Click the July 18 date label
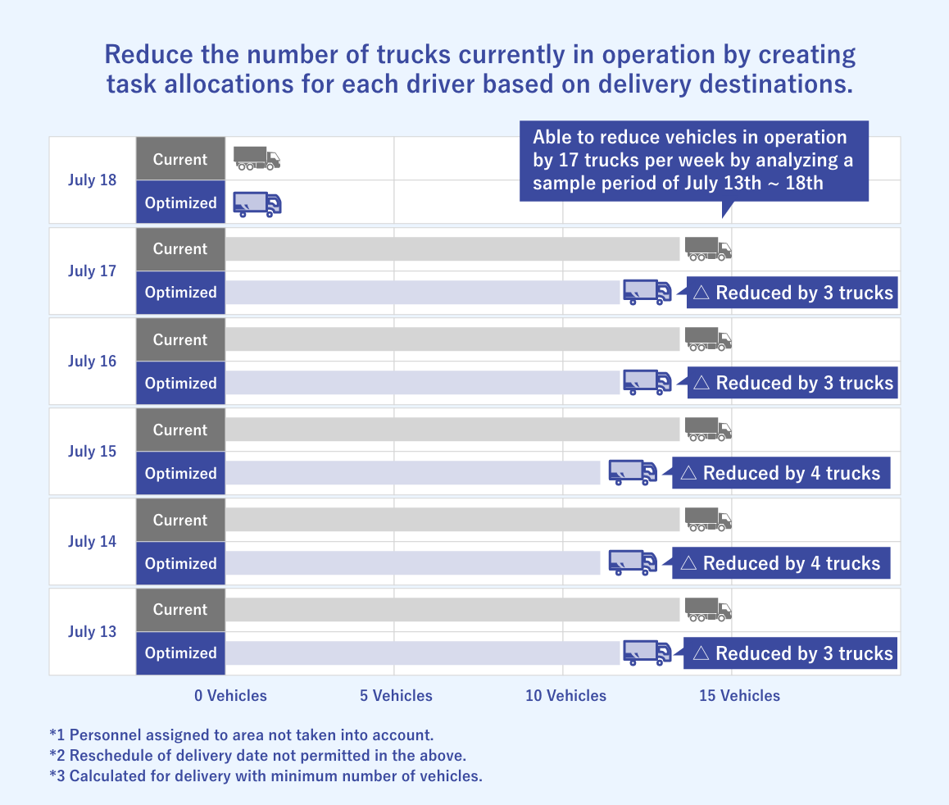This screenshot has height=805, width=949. [92, 180]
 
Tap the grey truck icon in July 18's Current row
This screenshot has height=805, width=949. [257, 158]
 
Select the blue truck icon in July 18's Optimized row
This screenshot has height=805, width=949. [257, 203]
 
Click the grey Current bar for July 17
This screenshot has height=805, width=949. [452, 249]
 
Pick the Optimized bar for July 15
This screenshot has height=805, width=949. [412, 473]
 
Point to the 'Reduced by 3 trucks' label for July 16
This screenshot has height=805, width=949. [792, 383]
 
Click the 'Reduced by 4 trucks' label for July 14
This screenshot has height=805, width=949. [781, 563]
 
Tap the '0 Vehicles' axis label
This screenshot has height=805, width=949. [231, 696]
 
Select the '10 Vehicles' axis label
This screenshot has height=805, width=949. [566, 696]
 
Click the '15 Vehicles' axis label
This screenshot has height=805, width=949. [739, 696]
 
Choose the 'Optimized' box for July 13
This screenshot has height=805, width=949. [180, 653]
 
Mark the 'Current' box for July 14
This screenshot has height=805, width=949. [180, 520]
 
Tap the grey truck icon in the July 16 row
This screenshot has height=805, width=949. [708, 339]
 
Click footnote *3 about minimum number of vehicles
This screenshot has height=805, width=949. [266, 775]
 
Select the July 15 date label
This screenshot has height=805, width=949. [92, 452]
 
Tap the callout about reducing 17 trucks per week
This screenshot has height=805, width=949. [693, 160]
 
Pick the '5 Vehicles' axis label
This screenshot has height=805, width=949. [396, 696]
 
